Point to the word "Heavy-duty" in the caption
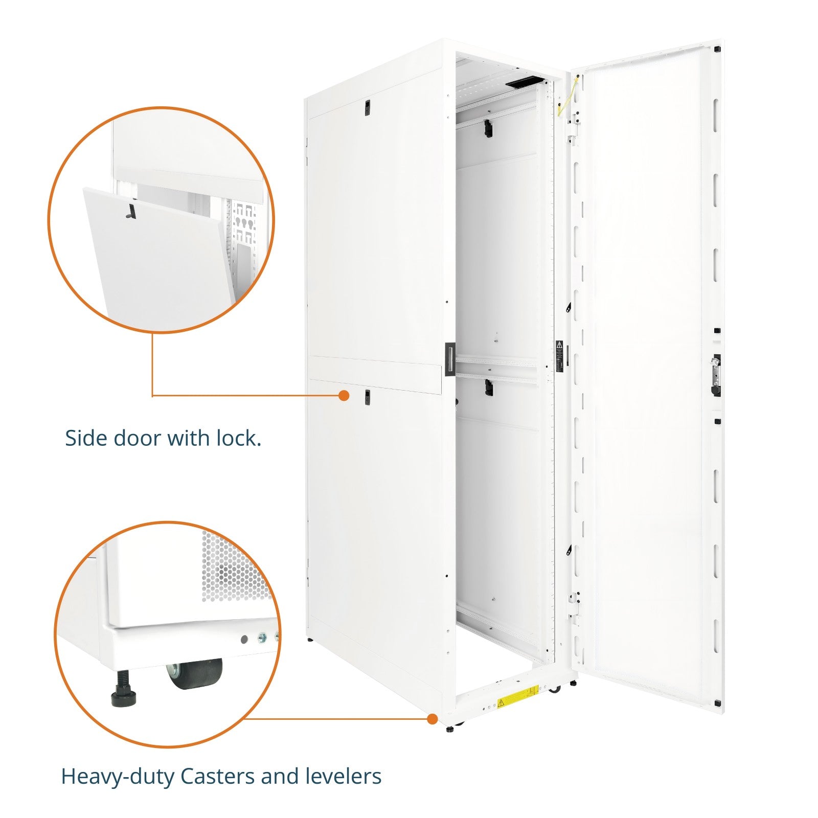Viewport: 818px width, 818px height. (x=118, y=777)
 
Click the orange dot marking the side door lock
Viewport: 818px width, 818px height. (x=344, y=395)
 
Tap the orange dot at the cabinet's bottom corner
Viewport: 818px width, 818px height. (x=433, y=719)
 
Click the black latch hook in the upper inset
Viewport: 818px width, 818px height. (x=131, y=211)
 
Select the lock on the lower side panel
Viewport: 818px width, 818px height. (x=367, y=397)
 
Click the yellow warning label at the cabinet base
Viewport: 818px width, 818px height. (x=518, y=696)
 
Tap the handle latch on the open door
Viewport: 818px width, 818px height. (x=716, y=375)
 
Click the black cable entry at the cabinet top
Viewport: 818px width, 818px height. (x=524, y=81)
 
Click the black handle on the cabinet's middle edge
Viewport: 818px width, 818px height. (x=449, y=359)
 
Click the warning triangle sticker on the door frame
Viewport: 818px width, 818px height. (x=559, y=344)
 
